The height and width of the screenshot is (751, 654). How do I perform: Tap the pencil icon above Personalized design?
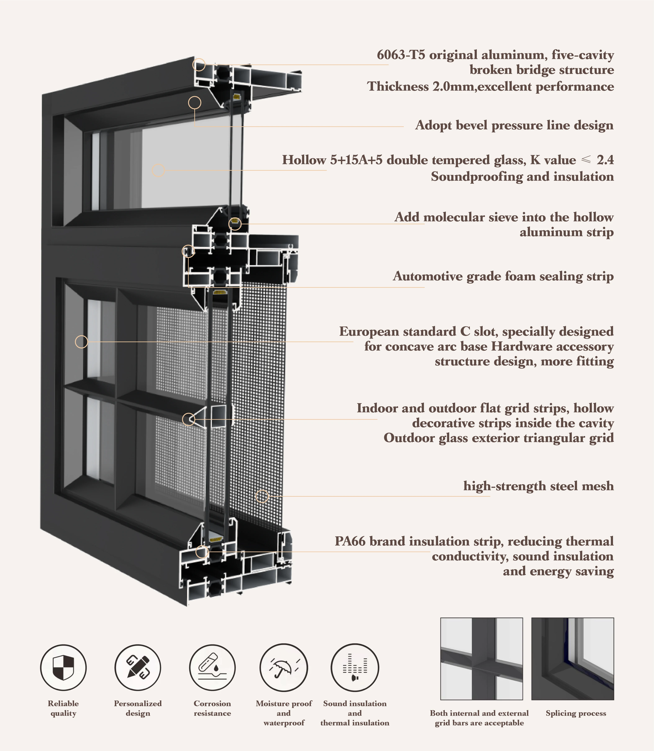pyautogui.click(x=138, y=667)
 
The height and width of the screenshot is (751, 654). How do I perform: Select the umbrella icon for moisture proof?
pyautogui.click(x=283, y=667)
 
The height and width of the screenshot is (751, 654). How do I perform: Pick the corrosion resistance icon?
pyautogui.click(x=212, y=667)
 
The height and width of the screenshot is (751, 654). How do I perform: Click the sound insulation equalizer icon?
pyautogui.click(x=355, y=667)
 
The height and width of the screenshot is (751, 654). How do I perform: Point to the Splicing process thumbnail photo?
pyautogui.click(x=572, y=659)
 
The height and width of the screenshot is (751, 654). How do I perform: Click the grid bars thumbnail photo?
pyautogui.click(x=481, y=659)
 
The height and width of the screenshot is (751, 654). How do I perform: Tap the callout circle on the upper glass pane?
pyautogui.click(x=158, y=170)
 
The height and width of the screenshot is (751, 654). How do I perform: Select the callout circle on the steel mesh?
pyautogui.click(x=262, y=496)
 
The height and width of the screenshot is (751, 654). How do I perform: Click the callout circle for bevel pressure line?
pyautogui.click(x=195, y=103)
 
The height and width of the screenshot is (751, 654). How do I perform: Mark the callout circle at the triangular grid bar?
pyautogui.click(x=188, y=419)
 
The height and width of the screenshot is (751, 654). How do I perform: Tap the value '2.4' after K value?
pyautogui.click(x=605, y=160)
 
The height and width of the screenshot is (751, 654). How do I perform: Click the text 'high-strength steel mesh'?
pyautogui.click(x=538, y=486)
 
